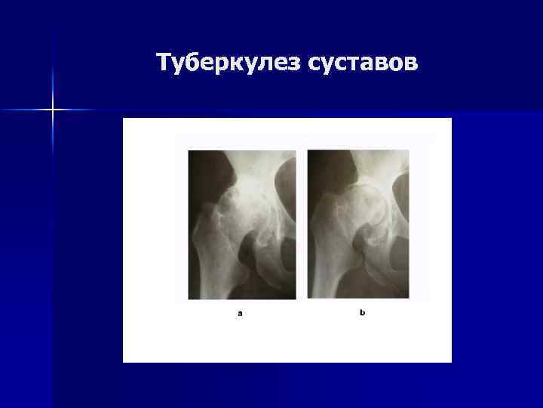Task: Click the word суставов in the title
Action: click(x=362, y=63)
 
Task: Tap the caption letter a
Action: click(x=240, y=313)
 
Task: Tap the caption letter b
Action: click(x=362, y=312)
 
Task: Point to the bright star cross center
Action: click(x=54, y=110)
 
